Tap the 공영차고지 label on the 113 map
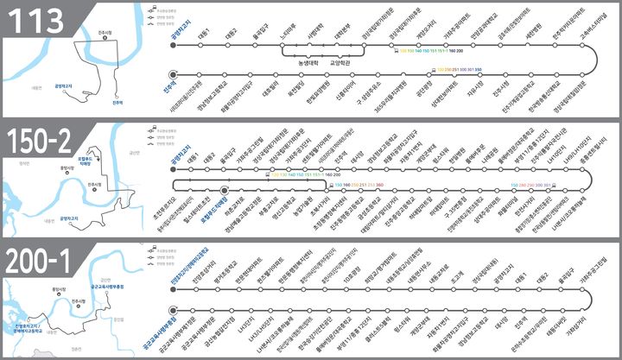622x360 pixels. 65,85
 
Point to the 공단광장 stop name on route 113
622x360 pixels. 422,88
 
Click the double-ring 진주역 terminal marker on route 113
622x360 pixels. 174,73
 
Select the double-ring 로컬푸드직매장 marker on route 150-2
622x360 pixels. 225,188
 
